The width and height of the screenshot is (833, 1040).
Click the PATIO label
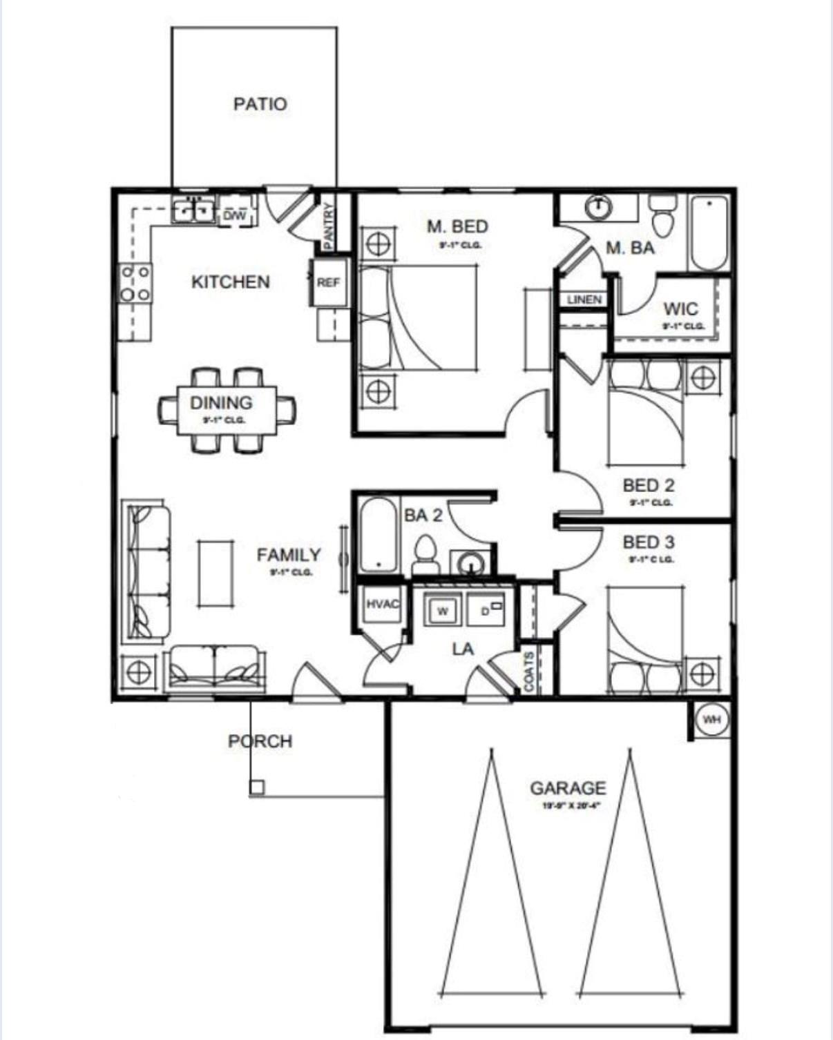coord(260,104)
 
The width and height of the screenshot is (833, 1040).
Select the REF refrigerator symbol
coord(328,282)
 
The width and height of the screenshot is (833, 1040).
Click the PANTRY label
coord(329,225)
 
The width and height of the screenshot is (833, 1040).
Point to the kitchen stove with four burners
coord(135,283)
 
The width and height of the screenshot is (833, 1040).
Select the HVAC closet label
coord(382,605)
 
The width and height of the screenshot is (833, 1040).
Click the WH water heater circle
coord(711,720)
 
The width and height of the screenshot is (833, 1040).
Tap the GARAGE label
coord(568,787)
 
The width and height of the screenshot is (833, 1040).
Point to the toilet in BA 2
coord(424,556)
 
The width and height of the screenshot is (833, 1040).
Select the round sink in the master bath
coord(599,206)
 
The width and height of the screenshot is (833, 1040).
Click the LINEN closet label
coord(584,300)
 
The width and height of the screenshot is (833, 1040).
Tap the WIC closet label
coord(680,308)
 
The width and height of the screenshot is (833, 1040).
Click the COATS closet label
coord(528,671)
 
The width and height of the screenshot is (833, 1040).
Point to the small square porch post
coord(256,787)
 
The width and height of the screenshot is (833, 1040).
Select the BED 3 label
coord(649,542)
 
